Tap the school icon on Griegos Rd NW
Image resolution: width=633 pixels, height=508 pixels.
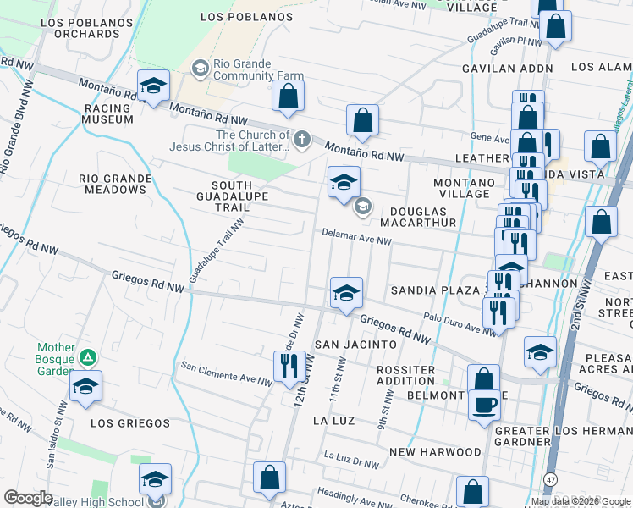(345, 293)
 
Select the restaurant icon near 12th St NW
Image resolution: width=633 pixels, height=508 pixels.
(289, 366)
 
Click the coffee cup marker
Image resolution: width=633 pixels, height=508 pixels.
(485, 404)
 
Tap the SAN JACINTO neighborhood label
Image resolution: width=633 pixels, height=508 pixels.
(355, 345)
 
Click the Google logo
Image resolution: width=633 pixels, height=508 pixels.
(29, 498)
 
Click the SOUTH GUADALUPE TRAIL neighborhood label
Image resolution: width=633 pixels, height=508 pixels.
(231, 196)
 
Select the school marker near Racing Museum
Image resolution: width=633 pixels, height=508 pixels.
(154, 86)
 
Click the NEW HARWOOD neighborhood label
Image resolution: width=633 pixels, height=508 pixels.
(435, 453)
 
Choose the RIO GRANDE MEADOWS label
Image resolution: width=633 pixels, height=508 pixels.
(113, 184)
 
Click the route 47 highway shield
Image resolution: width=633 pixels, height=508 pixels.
(549, 479)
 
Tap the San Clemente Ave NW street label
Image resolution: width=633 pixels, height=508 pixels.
(226, 372)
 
